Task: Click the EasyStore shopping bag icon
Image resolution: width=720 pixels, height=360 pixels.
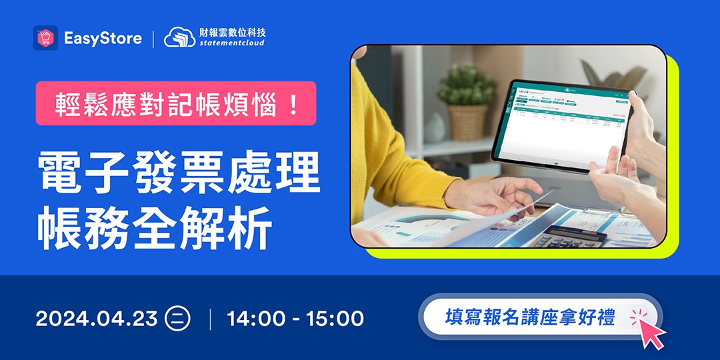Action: (45, 38)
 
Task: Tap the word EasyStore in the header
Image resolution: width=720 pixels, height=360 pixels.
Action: (103, 38)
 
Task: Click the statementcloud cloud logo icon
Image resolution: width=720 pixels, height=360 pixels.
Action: (179, 37)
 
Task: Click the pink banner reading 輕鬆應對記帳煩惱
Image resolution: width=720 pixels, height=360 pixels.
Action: (176, 103)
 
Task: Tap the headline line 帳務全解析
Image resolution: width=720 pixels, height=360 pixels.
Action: (154, 229)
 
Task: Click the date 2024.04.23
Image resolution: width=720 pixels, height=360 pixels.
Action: (96, 318)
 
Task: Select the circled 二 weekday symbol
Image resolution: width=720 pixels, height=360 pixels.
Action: (178, 318)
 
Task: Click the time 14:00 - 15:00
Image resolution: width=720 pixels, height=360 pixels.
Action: (295, 318)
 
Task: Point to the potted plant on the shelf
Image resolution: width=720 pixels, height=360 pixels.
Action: (467, 100)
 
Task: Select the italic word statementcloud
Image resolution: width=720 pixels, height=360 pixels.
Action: (232, 43)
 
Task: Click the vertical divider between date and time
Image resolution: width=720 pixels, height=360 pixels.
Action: (210, 318)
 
